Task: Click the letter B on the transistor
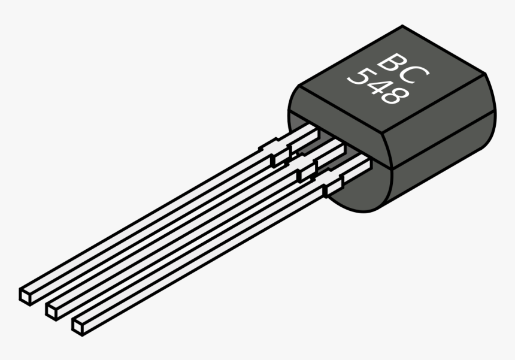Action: click(x=392, y=63)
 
